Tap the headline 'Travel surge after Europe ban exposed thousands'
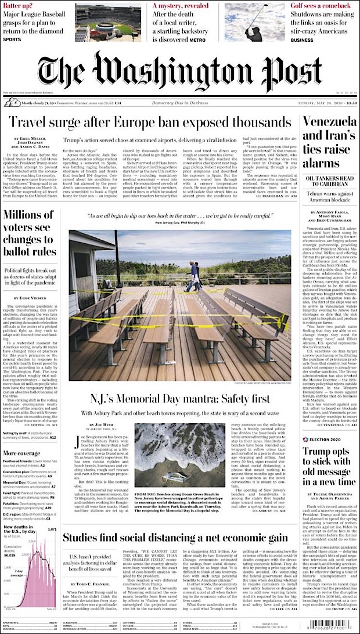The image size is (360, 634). pos(150,123)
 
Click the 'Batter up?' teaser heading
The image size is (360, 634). pos(19,6)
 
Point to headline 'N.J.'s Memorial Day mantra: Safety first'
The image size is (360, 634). pos(180,399)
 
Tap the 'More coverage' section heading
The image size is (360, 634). pos(21,453)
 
